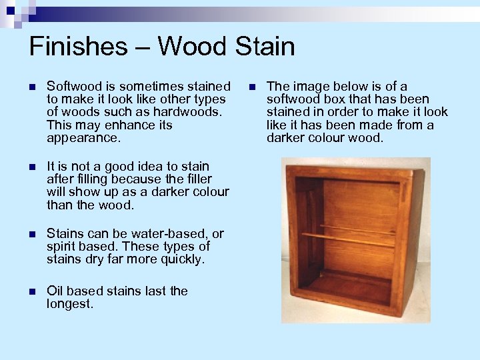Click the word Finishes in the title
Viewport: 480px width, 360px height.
77,47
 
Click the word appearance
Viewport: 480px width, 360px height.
83,139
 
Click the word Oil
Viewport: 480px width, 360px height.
57,291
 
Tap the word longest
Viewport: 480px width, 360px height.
70,304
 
